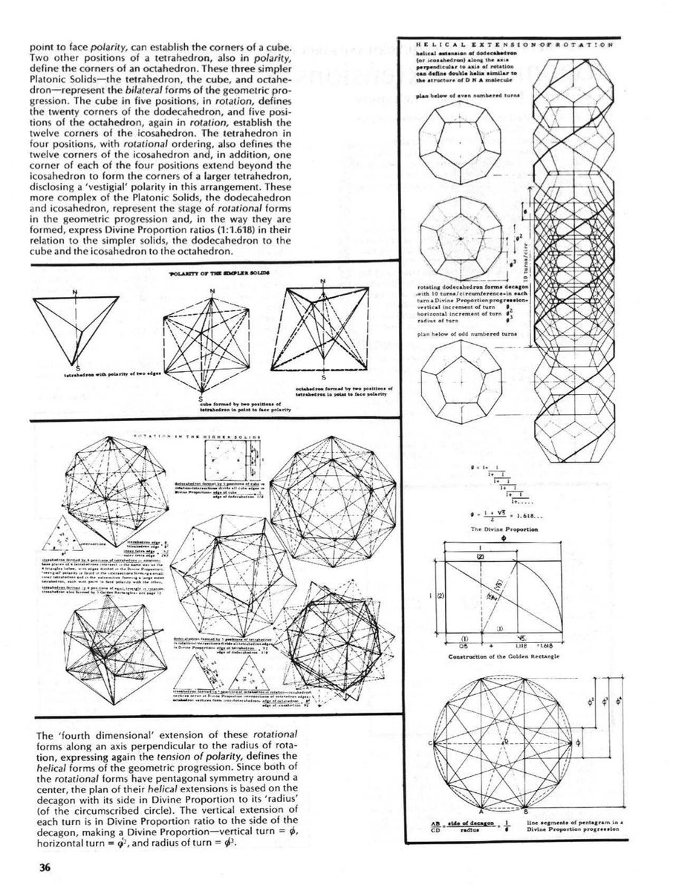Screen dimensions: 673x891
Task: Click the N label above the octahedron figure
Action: point(323,281)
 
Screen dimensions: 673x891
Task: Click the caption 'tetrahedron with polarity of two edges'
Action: point(109,375)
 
